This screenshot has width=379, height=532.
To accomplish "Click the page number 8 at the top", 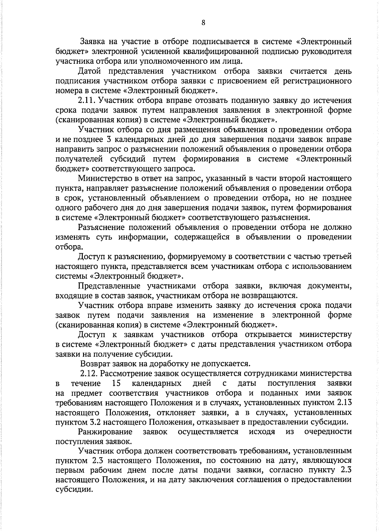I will click(203, 22).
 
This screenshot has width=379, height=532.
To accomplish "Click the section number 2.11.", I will click(86, 101).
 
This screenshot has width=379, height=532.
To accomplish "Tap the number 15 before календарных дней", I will click(116, 383).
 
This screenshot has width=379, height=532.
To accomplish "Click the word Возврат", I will click(94, 364).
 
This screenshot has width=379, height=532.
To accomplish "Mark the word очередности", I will click(328, 432).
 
